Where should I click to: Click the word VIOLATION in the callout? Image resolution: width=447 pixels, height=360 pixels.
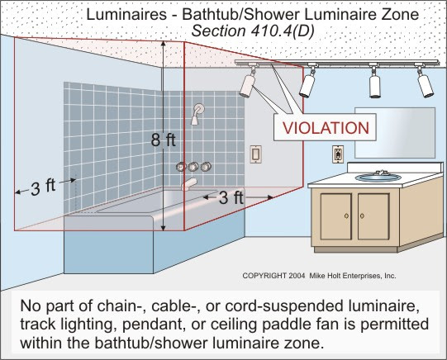coord(326,128)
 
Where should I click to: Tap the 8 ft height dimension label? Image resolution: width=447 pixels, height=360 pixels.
coord(163,140)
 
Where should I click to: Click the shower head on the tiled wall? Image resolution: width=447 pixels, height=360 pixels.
coord(197,114)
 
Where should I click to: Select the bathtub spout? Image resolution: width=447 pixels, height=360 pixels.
coord(189,184)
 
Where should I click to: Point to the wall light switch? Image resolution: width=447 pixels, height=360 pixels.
coord(255,154)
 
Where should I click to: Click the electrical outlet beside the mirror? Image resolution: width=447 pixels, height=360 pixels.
coord(338,154)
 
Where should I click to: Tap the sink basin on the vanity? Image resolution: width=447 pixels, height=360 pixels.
coord(378,178)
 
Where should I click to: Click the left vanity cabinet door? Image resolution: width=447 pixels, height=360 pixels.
coord(335,216)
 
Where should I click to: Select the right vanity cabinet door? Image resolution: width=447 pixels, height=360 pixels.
coord(373,216)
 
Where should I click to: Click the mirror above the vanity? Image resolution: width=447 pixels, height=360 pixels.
coord(395,133)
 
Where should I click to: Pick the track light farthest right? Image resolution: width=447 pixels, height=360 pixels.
coord(425,82)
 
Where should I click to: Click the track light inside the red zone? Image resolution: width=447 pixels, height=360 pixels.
coord(247,82)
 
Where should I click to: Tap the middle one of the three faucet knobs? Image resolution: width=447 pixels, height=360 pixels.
coord(193,167)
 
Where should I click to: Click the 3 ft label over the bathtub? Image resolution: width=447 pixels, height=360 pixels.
coord(231,197)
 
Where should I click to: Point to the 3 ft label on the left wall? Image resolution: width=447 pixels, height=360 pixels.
coord(43,187)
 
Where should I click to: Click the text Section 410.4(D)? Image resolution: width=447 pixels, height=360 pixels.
coord(253,31)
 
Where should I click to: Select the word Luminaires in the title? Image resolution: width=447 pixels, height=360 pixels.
coord(126,14)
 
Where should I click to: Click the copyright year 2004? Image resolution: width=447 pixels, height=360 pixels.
coord(297,276)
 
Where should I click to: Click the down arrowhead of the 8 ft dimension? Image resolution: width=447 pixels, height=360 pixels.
coord(163,228)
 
